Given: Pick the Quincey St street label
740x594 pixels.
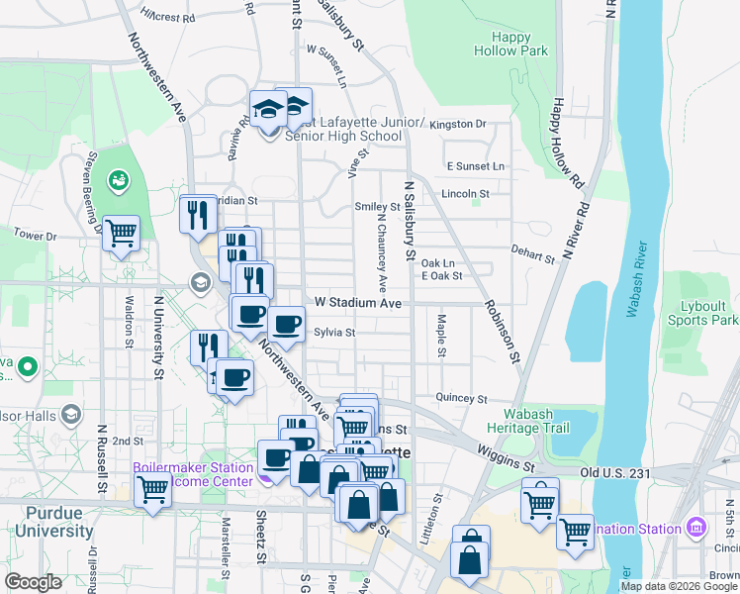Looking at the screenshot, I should (461, 398).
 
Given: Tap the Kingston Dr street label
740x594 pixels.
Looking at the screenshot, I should (459, 125).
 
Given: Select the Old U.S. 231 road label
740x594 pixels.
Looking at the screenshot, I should (615, 474).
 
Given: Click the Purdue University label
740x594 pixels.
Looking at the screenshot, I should (46, 523).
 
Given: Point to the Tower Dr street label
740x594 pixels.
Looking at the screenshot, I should (37, 237).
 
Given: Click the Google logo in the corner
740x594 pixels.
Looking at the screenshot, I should (34, 582).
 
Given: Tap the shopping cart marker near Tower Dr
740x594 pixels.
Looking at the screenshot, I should (122, 233).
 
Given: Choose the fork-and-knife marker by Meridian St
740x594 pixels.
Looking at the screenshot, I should (198, 213).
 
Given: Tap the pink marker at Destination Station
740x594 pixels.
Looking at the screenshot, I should (694, 525).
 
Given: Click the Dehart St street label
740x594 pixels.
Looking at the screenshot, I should (534, 256).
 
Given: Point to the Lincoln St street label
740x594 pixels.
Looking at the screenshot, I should (465, 193).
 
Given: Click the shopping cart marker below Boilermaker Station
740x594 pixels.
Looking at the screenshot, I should (152, 488).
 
